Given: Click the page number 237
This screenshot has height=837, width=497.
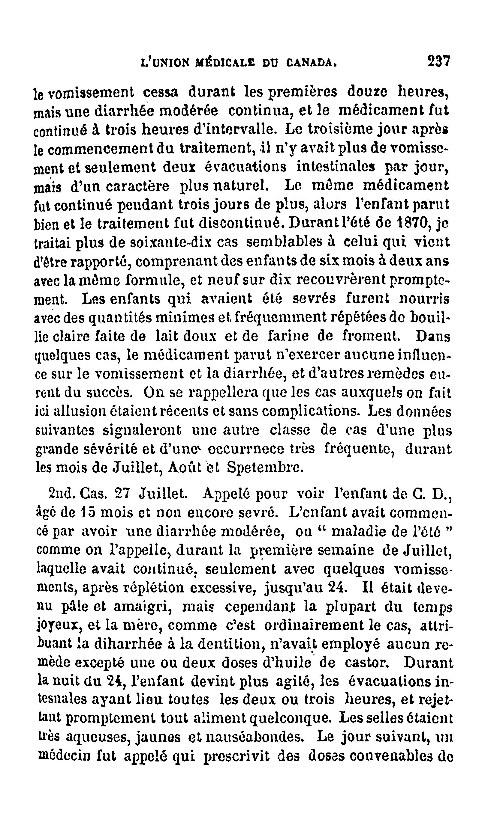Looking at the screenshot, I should (439, 62).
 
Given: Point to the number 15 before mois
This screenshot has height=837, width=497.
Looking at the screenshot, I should (91, 512).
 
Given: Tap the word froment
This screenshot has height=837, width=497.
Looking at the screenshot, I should (371, 336).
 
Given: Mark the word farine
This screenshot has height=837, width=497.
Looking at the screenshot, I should (288, 336).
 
